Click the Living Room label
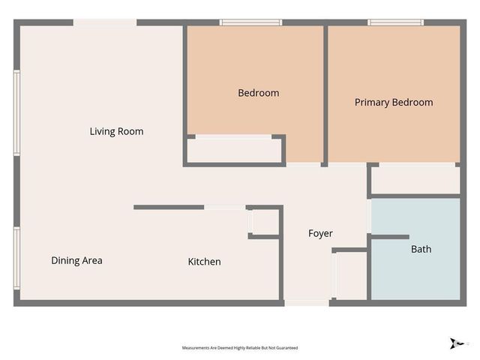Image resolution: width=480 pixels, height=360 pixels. pos(116,132)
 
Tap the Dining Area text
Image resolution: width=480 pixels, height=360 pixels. pos(76,261)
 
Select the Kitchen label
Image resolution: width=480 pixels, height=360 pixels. pos(204,262)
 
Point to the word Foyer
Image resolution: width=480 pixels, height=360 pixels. pos(320,234)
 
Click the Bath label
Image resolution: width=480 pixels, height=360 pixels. pos(421,249)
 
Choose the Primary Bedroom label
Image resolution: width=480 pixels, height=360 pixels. pos(394,103)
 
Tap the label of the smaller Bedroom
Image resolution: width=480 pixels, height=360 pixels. pos(258,93)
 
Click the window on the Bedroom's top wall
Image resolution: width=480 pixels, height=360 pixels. pos(250,22)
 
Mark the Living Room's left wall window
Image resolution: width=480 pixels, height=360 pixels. pos(16,113)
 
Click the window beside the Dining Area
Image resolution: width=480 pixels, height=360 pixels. pos(16,258)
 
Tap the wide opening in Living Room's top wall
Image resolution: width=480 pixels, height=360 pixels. pos(105,23)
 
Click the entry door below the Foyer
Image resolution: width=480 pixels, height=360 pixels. pos(306,302)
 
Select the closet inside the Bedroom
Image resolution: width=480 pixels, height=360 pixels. pos(234,150)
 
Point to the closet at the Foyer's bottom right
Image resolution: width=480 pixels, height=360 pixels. pos(351,275)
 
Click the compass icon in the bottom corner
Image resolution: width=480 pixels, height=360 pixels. pos(454,343)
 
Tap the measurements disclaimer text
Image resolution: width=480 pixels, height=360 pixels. pos(240,348)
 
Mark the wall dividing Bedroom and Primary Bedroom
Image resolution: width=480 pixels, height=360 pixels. pos(325,94)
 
